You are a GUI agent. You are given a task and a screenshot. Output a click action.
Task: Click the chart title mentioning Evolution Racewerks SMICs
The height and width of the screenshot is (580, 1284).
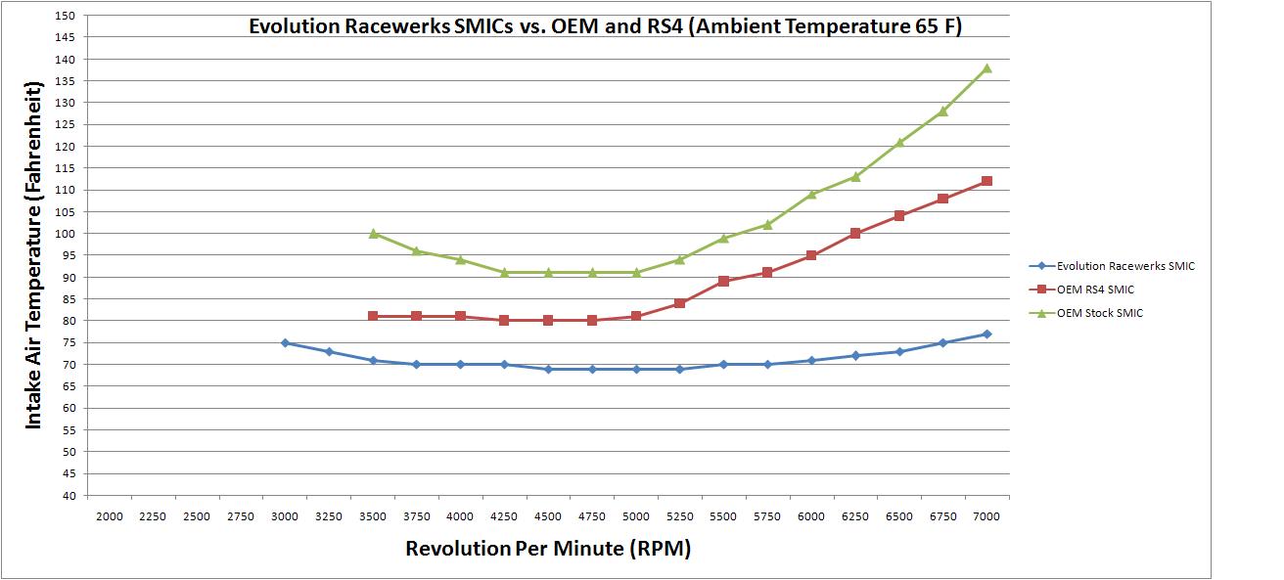click(x=605, y=27)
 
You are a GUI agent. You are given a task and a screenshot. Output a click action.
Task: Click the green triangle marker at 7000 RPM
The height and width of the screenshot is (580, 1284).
click(x=986, y=68)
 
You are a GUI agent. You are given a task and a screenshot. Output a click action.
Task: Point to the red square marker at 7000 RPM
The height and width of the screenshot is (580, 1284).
click(x=986, y=181)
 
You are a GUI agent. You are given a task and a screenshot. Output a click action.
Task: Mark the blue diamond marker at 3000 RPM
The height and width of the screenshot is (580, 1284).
click(x=285, y=342)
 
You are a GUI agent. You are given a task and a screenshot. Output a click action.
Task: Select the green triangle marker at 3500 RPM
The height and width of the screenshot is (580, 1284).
click(x=373, y=234)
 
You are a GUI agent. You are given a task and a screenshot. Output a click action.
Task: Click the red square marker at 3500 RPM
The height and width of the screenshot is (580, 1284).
click(x=373, y=316)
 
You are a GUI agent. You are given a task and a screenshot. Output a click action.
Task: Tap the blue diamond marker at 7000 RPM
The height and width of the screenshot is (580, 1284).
click(x=986, y=335)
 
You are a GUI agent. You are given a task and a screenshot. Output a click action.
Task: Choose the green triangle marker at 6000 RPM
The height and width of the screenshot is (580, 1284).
click(x=811, y=194)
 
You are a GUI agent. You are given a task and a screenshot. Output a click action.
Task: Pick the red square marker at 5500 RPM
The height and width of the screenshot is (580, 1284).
click(x=723, y=281)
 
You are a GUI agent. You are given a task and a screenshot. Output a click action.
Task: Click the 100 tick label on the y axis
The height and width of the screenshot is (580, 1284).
click(x=68, y=234)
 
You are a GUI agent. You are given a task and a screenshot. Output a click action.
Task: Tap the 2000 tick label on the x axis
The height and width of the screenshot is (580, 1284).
click(x=110, y=516)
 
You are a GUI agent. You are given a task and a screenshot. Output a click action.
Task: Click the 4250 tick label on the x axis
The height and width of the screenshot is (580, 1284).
click(x=504, y=516)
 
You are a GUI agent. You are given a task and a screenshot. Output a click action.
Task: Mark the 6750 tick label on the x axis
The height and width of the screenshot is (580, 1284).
click(x=942, y=516)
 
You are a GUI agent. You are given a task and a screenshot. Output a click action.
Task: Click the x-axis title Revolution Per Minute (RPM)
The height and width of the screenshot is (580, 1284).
click(x=548, y=549)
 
